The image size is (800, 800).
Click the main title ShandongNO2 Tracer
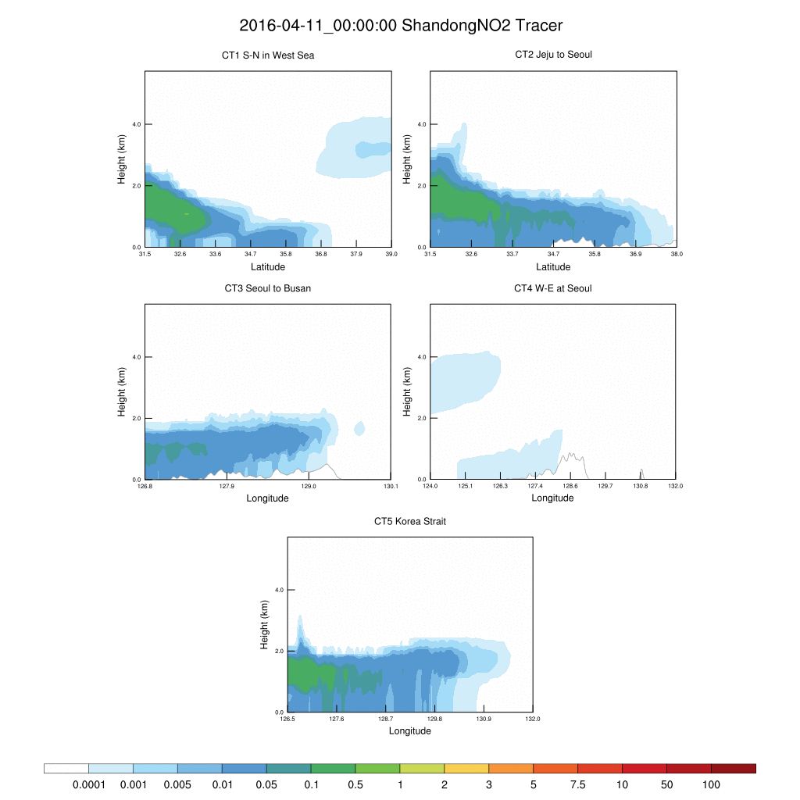pos(401,26)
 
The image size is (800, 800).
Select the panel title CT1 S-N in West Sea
pos(268,55)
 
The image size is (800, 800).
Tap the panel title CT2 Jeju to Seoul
pos(553,55)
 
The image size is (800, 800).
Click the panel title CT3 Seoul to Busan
pos(268,288)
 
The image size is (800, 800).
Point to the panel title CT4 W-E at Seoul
pos(553,288)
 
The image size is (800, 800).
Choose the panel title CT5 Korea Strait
pos(410,521)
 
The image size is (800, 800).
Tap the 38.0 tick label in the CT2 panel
pos(677,254)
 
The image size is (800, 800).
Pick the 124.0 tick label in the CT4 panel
pos(430,487)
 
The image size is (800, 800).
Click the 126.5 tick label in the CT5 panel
pos(287,720)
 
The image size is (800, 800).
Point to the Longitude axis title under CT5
pos(410,731)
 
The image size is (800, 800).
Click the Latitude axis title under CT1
pos(268,266)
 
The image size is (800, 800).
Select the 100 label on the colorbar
pos(711,784)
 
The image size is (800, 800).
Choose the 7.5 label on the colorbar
pos(577,784)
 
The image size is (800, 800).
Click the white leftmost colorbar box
pos(66,768)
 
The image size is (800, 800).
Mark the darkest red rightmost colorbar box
pos(733,768)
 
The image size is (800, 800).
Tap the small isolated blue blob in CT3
pos(359,428)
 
